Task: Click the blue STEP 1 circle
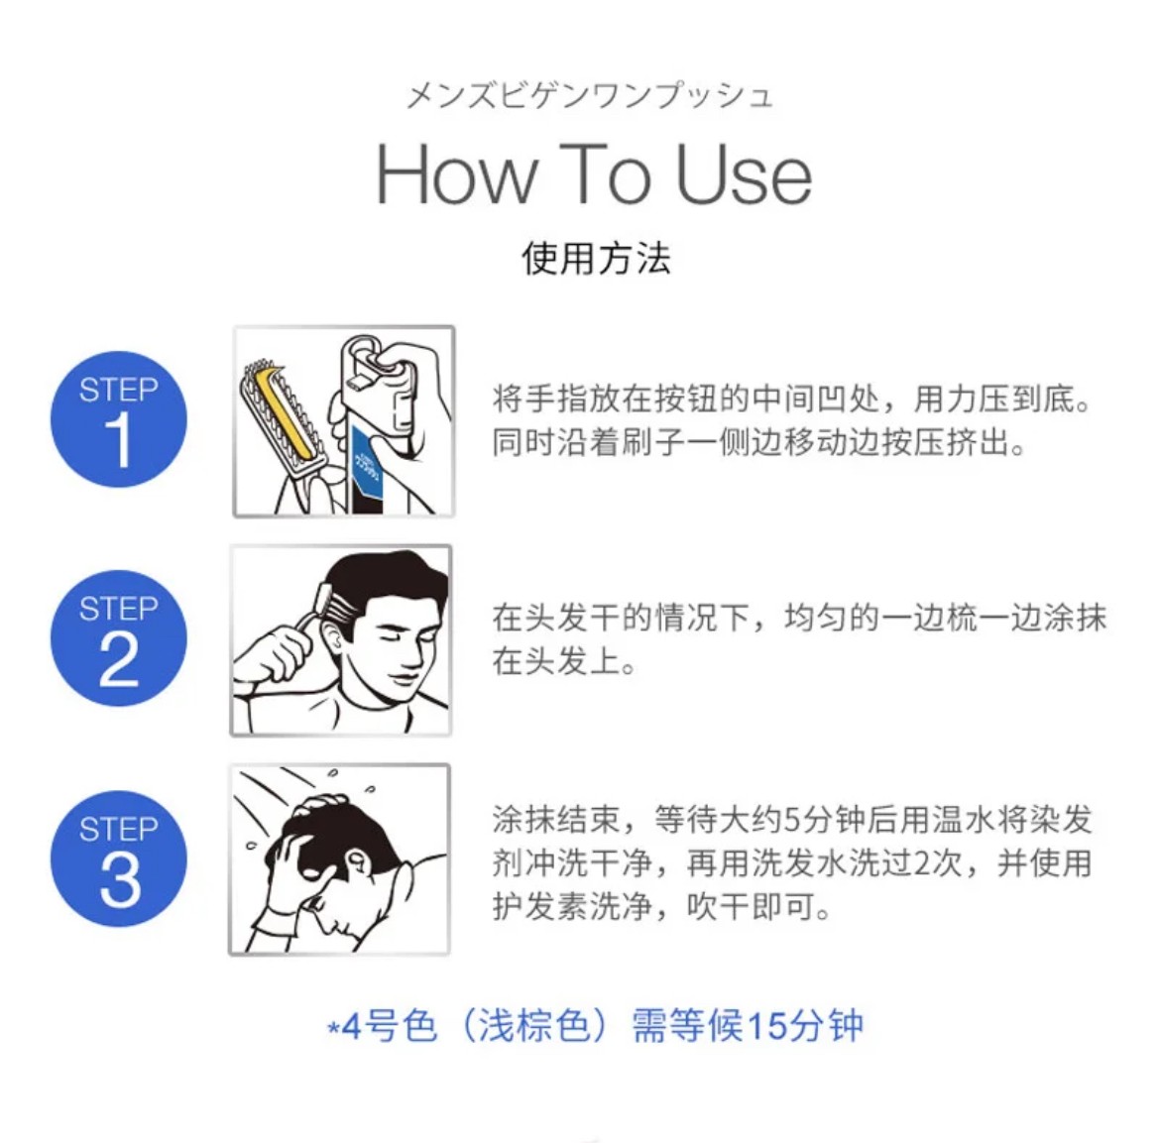118,419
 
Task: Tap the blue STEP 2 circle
118,638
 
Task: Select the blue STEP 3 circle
118,858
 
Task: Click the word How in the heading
457,174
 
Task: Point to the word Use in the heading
744,174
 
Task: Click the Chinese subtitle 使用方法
596,258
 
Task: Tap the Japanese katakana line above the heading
590,96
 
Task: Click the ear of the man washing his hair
357,862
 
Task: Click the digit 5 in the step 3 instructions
791,820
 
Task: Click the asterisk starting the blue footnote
334,1028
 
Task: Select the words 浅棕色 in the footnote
533,1026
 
